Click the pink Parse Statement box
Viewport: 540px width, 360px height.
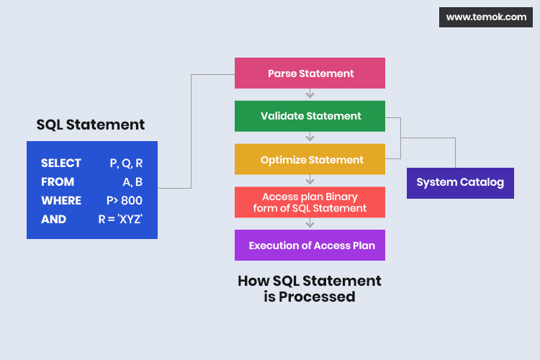310,73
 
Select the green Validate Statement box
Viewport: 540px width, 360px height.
310,116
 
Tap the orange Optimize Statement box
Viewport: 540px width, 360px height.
310,160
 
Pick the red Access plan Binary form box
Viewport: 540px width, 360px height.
310,202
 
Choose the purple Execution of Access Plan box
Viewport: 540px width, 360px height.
310,246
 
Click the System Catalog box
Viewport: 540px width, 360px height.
460,182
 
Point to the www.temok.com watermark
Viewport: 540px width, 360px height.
486,17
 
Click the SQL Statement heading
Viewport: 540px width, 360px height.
91,125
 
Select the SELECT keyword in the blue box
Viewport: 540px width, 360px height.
61,163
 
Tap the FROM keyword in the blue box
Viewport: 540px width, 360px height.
58,182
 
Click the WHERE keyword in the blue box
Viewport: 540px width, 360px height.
61,201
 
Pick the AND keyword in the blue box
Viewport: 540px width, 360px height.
54,220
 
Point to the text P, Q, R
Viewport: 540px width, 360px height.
126,163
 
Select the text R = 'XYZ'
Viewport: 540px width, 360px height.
120,220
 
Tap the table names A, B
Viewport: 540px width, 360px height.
132,182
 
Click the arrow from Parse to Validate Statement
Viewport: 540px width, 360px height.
310,94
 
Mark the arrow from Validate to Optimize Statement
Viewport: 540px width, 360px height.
310,138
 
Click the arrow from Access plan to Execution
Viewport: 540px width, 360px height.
310,224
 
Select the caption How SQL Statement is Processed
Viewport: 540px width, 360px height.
310,289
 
